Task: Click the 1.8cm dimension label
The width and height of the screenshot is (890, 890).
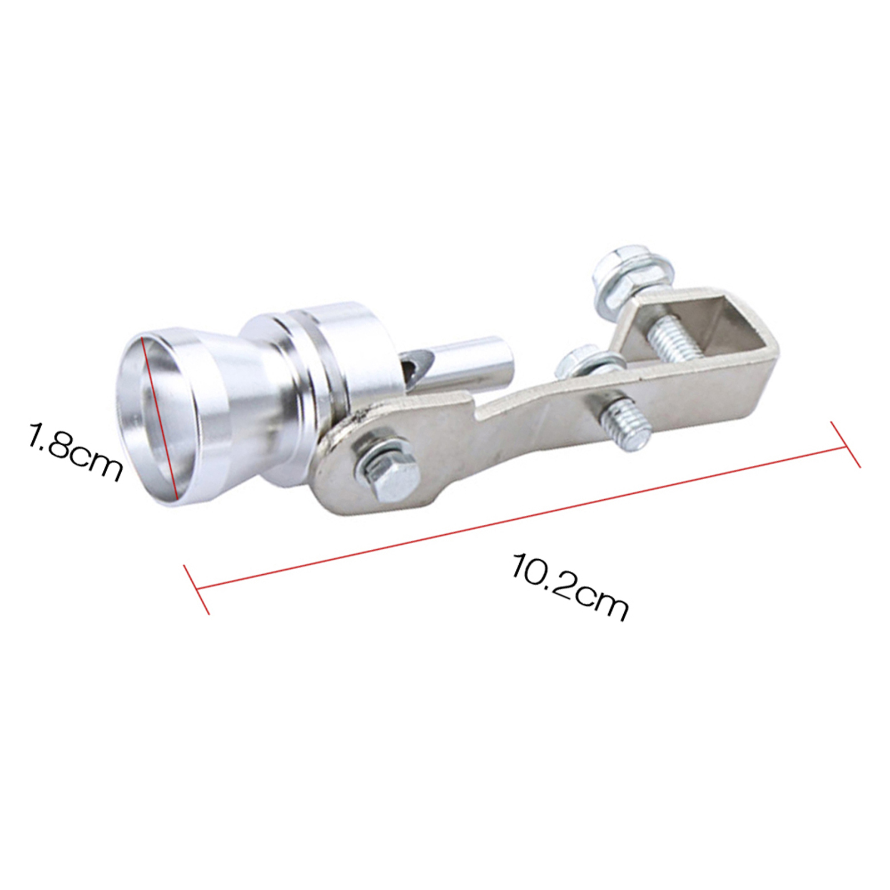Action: point(74,451)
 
